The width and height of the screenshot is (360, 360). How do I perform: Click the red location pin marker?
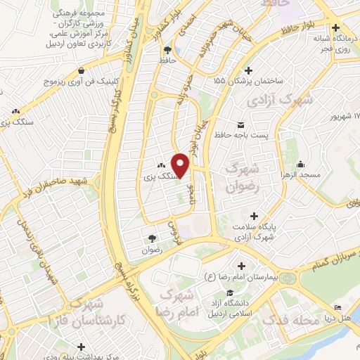pos(181,166)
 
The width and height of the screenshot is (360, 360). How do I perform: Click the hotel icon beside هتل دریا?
pos(338,307)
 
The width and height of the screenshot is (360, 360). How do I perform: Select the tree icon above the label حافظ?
pos(167,50)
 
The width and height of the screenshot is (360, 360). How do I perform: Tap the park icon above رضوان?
pos(153,238)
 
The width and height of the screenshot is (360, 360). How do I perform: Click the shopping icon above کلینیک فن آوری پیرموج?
pos(84,70)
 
